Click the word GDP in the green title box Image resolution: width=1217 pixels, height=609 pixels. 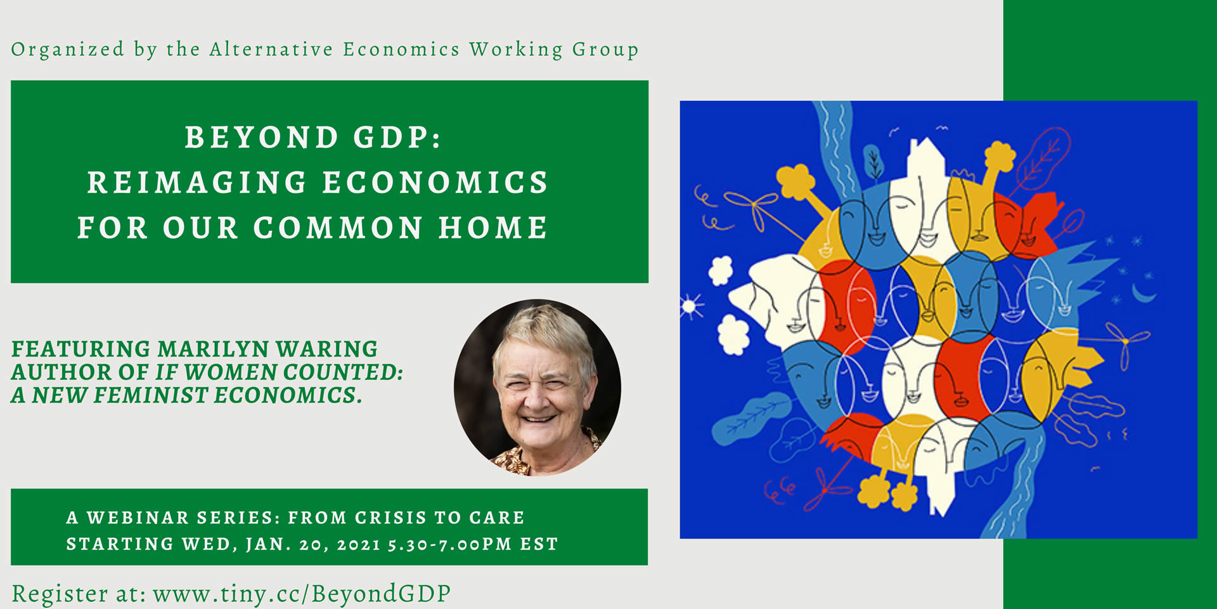click(x=396, y=138)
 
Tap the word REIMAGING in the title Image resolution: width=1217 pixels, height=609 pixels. click(x=197, y=183)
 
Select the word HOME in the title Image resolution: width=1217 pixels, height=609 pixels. click(x=493, y=228)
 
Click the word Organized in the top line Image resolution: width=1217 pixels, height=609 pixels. click(x=68, y=50)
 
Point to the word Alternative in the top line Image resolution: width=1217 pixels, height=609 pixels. click(x=271, y=49)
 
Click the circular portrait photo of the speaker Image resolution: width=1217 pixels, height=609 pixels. click(x=538, y=388)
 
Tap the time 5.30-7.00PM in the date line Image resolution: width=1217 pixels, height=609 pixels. click(x=450, y=544)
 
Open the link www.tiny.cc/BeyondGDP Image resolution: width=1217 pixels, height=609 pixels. click(x=302, y=594)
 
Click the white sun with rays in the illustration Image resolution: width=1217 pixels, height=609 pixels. click(x=690, y=306)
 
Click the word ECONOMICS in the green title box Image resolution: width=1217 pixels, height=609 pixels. click(x=435, y=183)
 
